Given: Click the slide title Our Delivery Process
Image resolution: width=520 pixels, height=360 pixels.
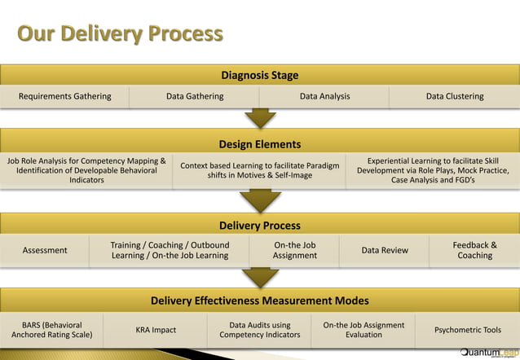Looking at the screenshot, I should (x=120, y=33).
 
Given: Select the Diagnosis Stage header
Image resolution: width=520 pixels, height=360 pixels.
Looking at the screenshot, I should (x=260, y=76).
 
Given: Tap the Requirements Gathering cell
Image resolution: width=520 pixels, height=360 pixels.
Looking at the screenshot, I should (x=65, y=96).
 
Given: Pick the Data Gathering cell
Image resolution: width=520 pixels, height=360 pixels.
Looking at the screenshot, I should (x=195, y=96).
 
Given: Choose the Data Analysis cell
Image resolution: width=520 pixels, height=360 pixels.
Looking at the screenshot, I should (x=324, y=96).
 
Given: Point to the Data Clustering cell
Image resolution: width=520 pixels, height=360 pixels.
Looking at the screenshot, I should (x=455, y=96).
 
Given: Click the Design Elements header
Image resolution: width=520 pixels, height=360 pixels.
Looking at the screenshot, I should (x=260, y=144).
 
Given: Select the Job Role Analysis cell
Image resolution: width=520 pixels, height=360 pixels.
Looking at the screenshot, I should (x=86, y=170).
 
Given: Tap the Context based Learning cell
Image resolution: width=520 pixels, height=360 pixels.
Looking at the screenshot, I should (x=259, y=170).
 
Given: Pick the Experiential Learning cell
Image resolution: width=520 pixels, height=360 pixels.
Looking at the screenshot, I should (x=433, y=170).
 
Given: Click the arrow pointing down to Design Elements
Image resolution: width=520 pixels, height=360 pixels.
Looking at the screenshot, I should (x=260, y=119).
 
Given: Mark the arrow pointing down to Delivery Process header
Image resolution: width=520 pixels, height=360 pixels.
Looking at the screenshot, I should (x=260, y=200).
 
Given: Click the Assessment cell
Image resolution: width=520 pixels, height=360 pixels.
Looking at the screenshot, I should (x=45, y=250).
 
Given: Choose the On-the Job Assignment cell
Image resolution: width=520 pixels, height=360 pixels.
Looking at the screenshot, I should (x=295, y=250).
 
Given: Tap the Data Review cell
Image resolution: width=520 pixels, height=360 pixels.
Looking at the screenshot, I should (x=385, y=250).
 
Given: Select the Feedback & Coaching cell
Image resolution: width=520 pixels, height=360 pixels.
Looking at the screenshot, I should (x=474, y=250).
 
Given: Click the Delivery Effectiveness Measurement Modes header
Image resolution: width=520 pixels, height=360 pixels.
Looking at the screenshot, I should (x=260, y=301).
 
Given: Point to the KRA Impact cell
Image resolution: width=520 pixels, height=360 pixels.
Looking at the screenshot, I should (x=156, y=330).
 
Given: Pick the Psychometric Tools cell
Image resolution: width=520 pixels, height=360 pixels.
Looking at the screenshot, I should (x=469, y=330).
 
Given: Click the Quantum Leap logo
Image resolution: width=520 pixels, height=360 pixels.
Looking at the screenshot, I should (x=487, y=352).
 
